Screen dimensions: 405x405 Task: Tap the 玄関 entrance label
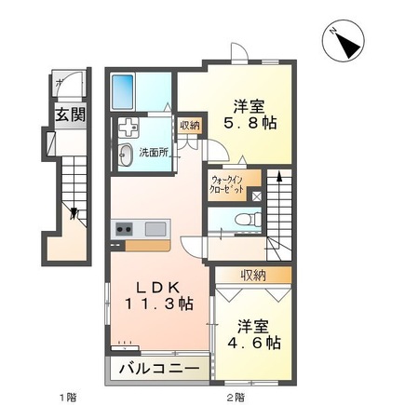pyautogui.click(x=66, y=116)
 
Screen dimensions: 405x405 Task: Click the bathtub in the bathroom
pyautogui.click(x=125, y=92)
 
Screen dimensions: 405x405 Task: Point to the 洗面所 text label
pyautogui.click(x=154, y=152)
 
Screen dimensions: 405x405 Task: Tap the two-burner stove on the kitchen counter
pyautogui.click(x=124, y=229)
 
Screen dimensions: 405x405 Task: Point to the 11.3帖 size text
pyautogui.click(x=160, y=304)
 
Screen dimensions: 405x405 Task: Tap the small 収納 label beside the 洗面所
pyautogui.click(x=189, y=126)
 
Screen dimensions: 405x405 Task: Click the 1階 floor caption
pyautogui.click(x=66, y=397)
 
